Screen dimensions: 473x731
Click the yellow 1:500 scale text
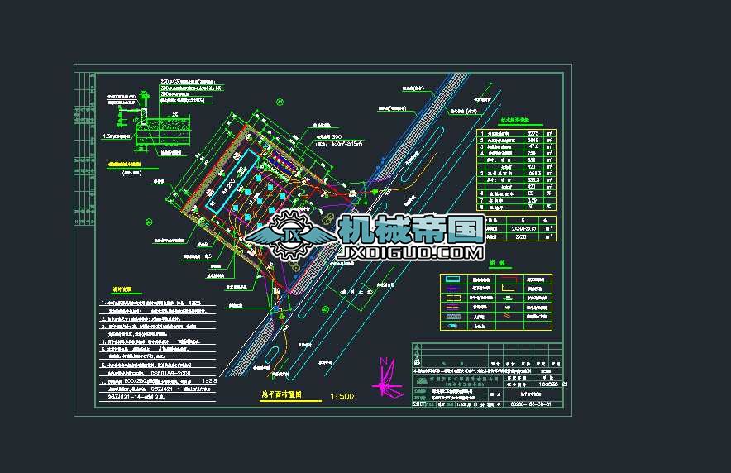click(x=342, y=397)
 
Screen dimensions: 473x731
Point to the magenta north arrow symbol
click(x=383, y=376)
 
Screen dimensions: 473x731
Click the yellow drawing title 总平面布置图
click(x=277, y=396)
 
